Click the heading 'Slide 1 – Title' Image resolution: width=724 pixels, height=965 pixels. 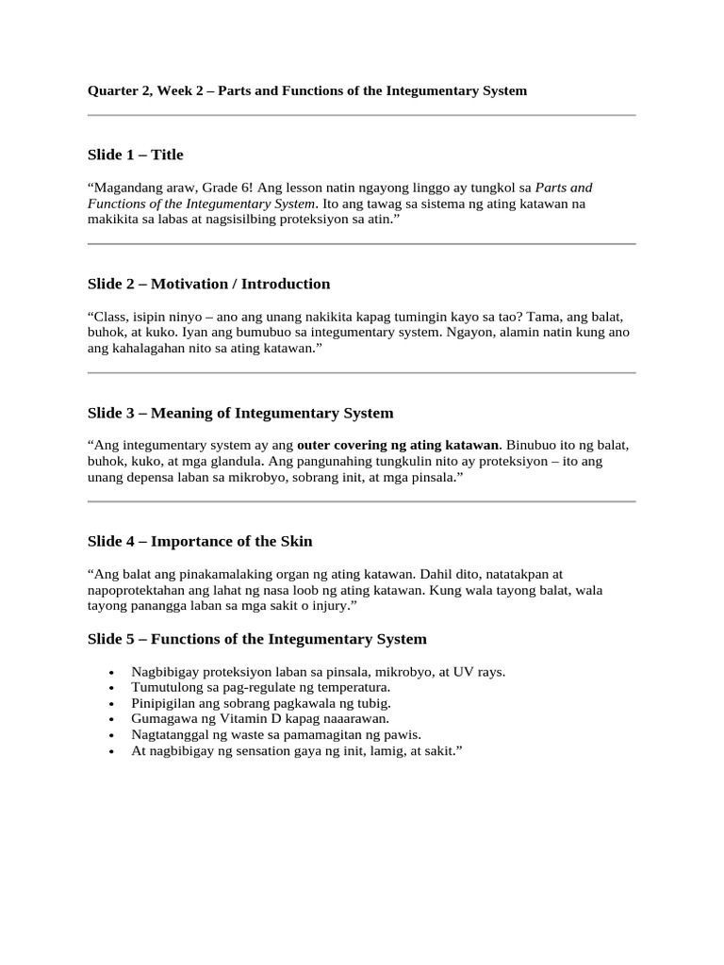[136, 155]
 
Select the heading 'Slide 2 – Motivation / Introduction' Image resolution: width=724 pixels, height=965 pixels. [208, 284]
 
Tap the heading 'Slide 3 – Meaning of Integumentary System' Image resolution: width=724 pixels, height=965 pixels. [240, 413]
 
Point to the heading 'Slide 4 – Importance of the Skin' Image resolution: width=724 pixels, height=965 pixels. [200, 541]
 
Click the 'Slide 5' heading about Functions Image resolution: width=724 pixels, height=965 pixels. [256, 639]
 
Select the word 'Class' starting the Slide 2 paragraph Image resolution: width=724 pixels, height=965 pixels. [109, 317]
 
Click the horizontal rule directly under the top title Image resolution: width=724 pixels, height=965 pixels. [362, 116]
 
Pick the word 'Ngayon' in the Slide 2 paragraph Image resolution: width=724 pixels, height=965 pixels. [465, 333]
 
